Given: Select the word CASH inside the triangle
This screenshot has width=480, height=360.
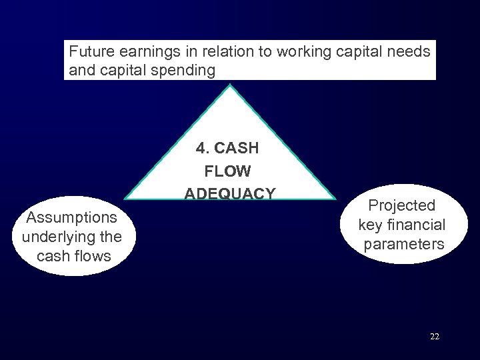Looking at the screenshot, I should [x=236, y=149].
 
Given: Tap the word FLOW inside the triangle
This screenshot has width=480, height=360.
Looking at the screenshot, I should [x=228, y=171].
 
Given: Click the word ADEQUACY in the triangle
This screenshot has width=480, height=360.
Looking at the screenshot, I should [x=230, y=193].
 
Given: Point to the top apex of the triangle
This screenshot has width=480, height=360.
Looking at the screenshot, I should [x=230, y=86].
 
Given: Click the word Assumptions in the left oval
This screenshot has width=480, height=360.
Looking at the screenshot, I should [x=71, y=217].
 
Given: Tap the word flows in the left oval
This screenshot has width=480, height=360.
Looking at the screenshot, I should [x=93, y=255].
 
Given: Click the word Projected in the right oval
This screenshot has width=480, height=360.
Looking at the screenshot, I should [x=402, y=205].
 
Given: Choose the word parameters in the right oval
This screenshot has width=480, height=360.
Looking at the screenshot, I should [x=404, y=244].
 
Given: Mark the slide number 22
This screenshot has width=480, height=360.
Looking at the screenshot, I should [x=435, y=337].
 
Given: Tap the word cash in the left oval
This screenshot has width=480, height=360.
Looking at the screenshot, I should [x=54, y=255].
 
